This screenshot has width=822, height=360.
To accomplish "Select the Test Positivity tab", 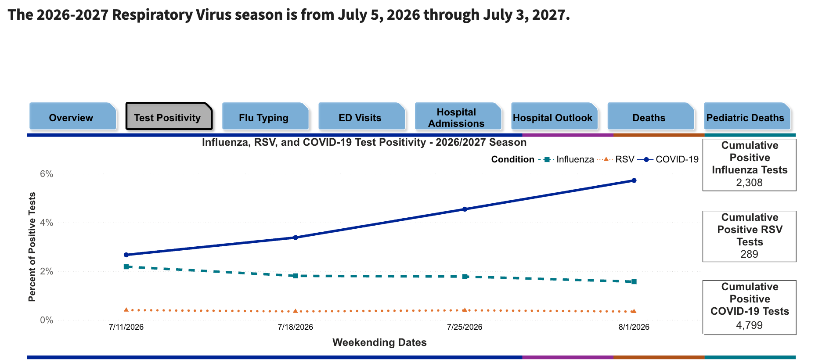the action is click(169, 116).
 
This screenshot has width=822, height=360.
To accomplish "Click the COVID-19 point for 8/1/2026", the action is click(634, 180).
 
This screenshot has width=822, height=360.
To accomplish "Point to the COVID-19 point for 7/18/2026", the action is click(296, 238).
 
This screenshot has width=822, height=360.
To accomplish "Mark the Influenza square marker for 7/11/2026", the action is click(126, 266).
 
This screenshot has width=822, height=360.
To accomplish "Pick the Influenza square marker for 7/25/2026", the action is click(465, 277).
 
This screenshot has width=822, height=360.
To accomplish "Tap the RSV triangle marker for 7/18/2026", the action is click(296, 311).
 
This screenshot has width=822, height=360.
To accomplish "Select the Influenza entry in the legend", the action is click(566, 159).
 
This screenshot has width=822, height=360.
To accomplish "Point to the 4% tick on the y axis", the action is click(47, 223).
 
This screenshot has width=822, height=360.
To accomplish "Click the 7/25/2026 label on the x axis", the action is click(465, 327).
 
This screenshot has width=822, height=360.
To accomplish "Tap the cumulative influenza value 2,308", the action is click(750, 183).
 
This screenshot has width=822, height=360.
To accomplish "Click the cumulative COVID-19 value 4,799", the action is click(750, 325).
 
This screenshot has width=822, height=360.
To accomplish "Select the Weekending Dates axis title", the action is click(379, 342).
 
